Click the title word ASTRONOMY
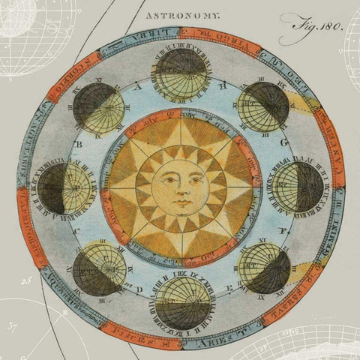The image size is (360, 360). [x=182, y=13]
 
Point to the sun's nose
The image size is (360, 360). [x=180, y=190]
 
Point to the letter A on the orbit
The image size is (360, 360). [x=136, y=87]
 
